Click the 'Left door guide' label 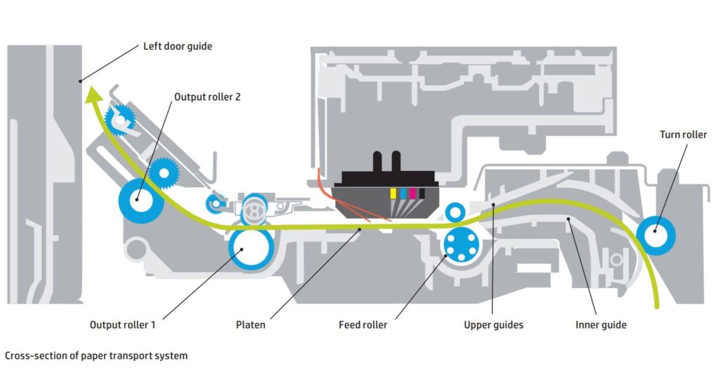[x=177, y=46]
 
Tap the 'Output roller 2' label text [x=207, y=97]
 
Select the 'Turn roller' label [x=683, y=135]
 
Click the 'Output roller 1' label [x=123, y=325]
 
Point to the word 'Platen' [x=250, y=325]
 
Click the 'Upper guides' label [x=493, y=325]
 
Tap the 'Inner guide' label [x=601, y=325]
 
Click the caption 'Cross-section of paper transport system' [x=96, y=355]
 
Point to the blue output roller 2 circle [x=141, y=200]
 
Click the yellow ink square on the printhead [x=393, y=193]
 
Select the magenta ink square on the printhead [x=412, y=193]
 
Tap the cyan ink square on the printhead [x=403, y=193]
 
